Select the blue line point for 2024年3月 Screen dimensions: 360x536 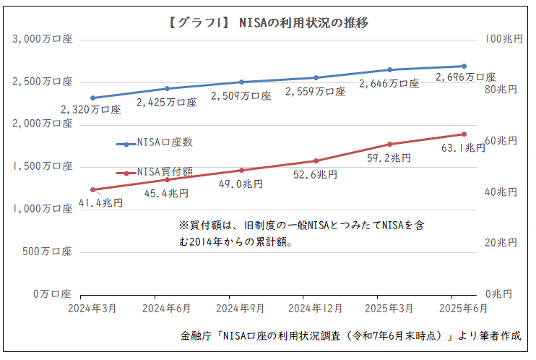pyautogui.click(x=93, y=98)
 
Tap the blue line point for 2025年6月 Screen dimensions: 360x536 pyautogui.click(x=464, y=66)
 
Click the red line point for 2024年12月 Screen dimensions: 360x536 pyautogui.click(x=316, y=160)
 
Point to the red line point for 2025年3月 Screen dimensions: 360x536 pyautogui.click(x=390, y=144)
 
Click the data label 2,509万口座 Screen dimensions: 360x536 pyautogui.click(x=241, y=95)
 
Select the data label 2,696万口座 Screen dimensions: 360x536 pyautogui.click(x=466, y=77)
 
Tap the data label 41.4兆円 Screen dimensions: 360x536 pyautogui.click(x=100, y=202)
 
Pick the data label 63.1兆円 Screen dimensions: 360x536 pyautogui.click(x=464, y=148)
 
